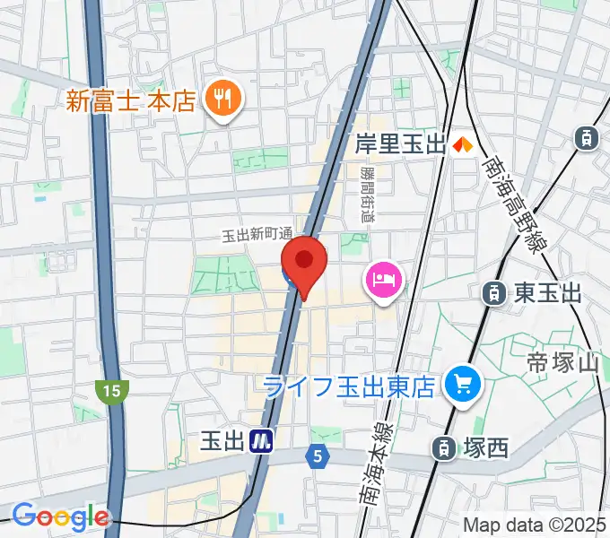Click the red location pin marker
coord(304,263)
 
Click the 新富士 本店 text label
coord(130,99)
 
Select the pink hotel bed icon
coord(384,279)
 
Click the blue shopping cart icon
coord(463,385)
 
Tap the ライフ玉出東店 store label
coord(349,386)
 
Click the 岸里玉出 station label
coord(400,143)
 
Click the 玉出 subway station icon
coord(261,439)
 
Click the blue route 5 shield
coord(317,456)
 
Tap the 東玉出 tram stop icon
coord(492,292)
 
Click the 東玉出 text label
coord(547,292)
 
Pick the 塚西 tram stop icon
coord(442,447)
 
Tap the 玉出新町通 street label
coord(257,235)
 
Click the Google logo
coord(60,516)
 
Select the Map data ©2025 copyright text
coord(535,525)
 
